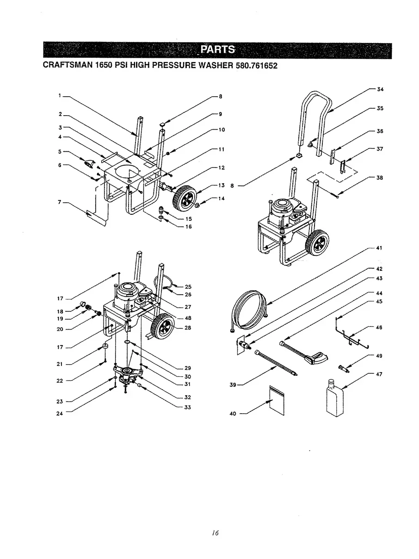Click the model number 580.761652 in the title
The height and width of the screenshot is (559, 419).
[x=253, y=65]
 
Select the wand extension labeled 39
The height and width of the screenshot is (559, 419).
[x=275, y=363]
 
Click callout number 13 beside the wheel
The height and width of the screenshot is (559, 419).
[x=221, y=186]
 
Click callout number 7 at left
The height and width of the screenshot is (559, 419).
[x=60, y=202]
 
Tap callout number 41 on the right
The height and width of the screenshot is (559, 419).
[x=378, y=248]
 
